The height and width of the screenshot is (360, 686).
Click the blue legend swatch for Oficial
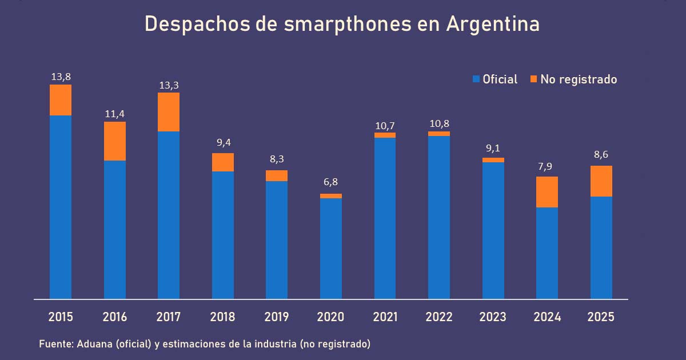(476, 79)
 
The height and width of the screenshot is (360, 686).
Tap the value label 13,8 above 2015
(61, 77)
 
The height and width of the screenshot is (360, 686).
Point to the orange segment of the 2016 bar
(115, 141)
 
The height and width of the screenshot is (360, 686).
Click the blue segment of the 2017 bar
(169, 215)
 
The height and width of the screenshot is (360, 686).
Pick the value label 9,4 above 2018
(223, 142)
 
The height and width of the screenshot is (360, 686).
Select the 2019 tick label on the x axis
(277, 317)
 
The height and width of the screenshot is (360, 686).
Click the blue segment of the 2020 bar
(331, 249)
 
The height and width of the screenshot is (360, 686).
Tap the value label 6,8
(331, 182)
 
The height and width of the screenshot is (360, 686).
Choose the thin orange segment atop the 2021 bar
(385, 135)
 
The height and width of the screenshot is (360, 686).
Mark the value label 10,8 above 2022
(439, 123)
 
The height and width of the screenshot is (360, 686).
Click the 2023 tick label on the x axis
(493, 317)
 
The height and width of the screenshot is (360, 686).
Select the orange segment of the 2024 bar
(547, 192)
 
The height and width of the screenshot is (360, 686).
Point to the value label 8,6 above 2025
(601, 155)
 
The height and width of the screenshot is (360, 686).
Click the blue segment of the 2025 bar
(601, 247)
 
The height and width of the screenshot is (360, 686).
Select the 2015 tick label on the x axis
(61, 317)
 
